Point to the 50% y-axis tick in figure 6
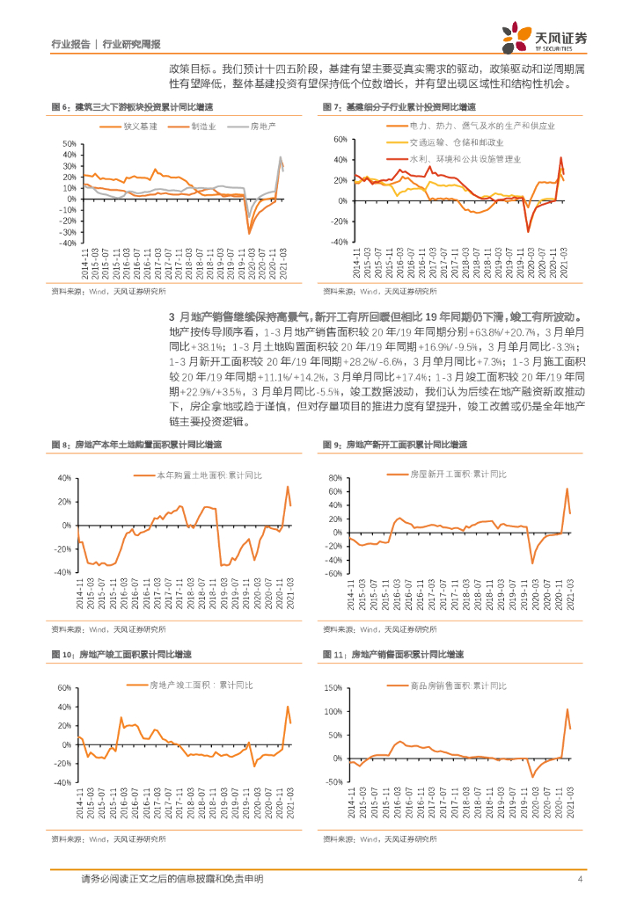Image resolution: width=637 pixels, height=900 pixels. coord(69,144)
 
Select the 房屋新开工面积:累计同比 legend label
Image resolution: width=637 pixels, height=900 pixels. coord(458,475)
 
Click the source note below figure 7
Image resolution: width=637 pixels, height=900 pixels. coord(379,291)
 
